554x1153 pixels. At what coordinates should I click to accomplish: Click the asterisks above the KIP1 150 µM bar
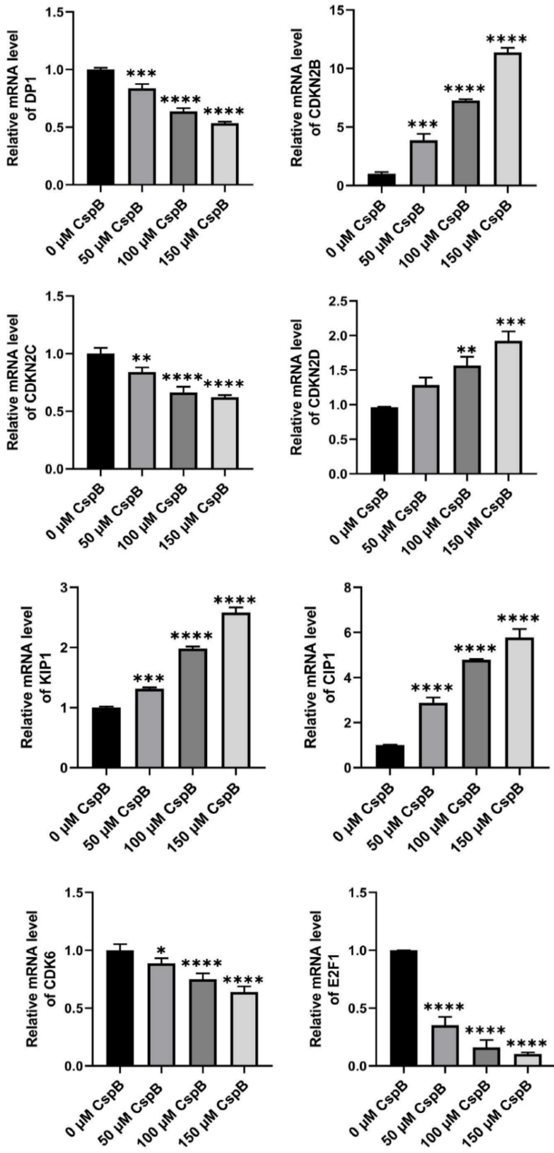pyautogui.click(x=235, y=600)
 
